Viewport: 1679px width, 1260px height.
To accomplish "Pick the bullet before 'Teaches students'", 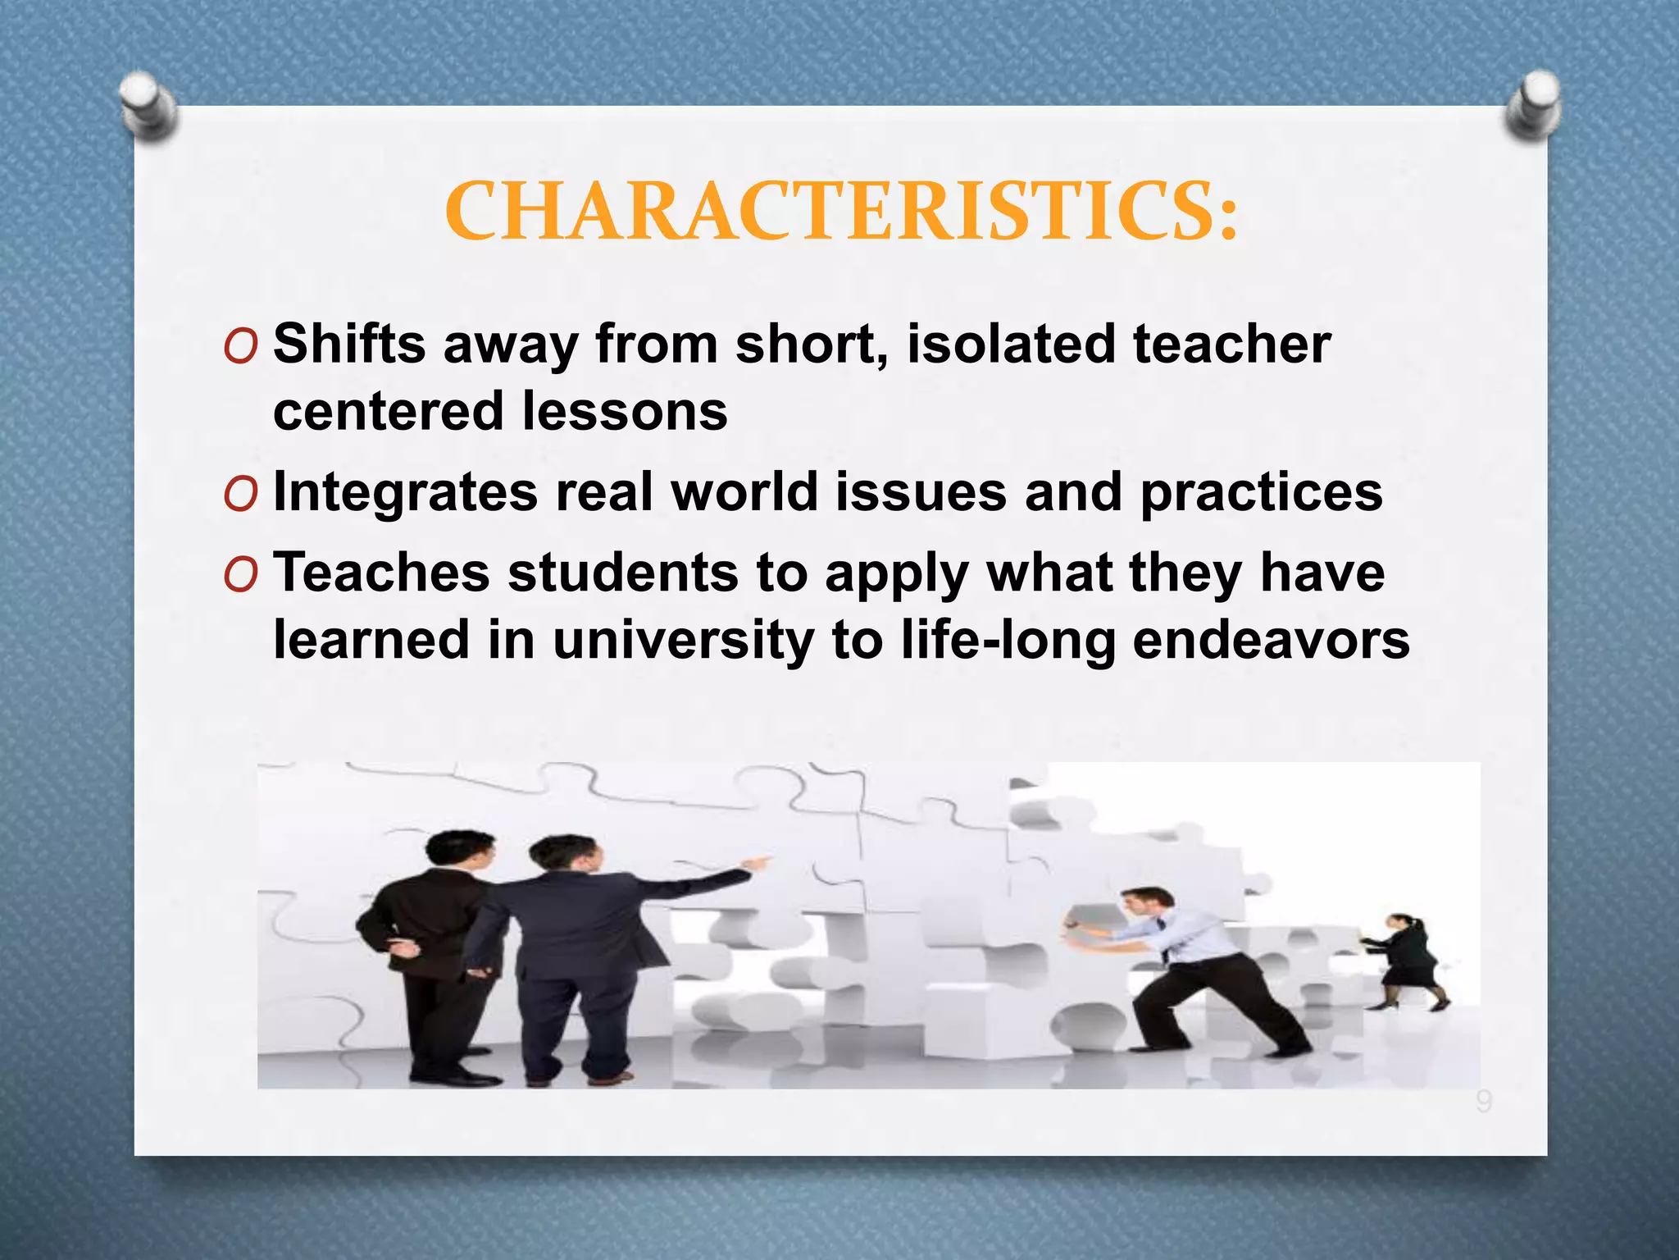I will click(240, 576).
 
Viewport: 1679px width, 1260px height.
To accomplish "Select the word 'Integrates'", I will click(405, 494).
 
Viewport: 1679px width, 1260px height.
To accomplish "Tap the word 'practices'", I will click(1261, 492).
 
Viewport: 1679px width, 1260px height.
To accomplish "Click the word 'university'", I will click(683, 640).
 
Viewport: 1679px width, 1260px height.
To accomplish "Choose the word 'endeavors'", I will click(1271, 640).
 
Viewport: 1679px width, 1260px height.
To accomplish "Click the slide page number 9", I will click(1483, 1101).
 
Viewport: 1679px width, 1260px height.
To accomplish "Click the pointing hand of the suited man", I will click(758, 863).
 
